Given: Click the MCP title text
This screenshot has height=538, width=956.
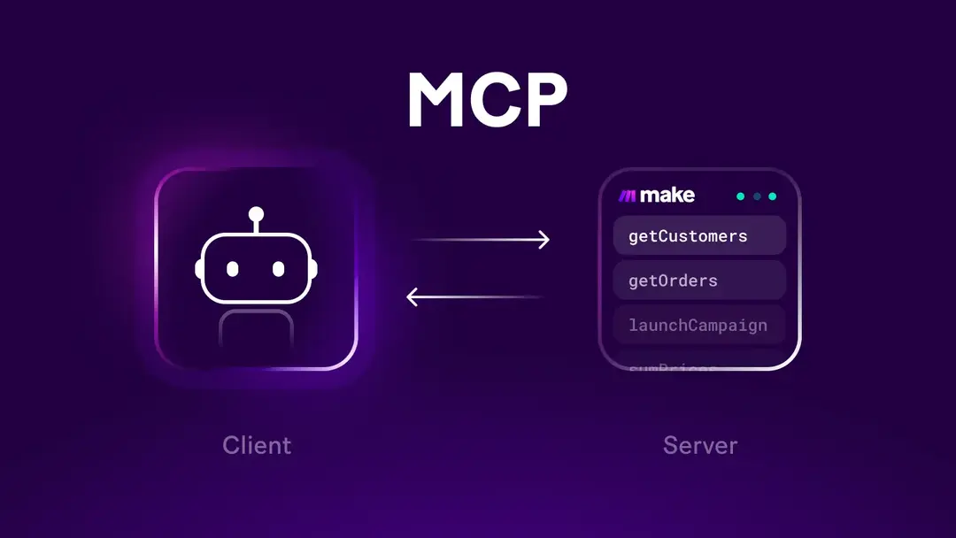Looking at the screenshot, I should [x=486, y=100].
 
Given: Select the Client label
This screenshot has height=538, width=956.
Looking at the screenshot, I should [x=257, y=444].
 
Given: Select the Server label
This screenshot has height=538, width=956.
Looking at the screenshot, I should [x=699, y=444].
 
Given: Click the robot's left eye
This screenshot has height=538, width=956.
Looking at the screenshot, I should [x=233, y=268].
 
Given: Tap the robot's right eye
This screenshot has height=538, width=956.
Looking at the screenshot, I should [x=278, y=268].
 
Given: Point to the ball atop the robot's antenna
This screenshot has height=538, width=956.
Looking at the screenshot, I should [x=256, y=213].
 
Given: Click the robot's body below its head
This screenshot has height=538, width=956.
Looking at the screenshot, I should [x=256, y=332].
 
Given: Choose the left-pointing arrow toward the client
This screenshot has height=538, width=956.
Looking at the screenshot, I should [x=474, y=297].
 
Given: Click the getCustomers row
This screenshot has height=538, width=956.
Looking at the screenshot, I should [x=699, y=236].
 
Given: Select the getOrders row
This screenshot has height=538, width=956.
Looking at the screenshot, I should [x=699, y=281].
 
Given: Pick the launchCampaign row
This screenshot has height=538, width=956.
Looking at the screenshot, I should [x=699, y=325].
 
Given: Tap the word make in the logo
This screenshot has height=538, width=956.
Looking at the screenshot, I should [x=667, y=196].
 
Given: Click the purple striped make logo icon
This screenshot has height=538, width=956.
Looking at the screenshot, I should [x=627, y=196].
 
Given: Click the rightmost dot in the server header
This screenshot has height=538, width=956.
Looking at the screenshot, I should [x=772, y=196].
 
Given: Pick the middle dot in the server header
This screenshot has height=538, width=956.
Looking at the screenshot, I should [x=757, y=196].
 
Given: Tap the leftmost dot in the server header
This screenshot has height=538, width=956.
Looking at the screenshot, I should [x=741, y=196].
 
